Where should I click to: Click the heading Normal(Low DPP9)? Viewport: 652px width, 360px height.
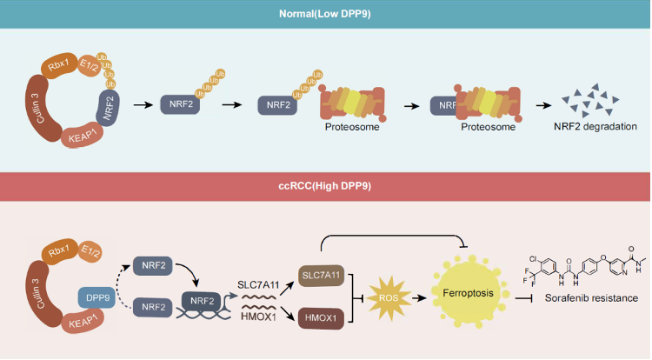click(x=325, y=14)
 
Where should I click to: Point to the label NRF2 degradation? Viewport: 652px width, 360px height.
click(x=595, y=127)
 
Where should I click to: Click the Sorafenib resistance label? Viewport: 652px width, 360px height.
click(x=580, y=298)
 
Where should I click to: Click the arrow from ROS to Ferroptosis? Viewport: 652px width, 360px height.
click(x=421, y=297)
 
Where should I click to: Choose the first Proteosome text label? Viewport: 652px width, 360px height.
click(x=348, y=127)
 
